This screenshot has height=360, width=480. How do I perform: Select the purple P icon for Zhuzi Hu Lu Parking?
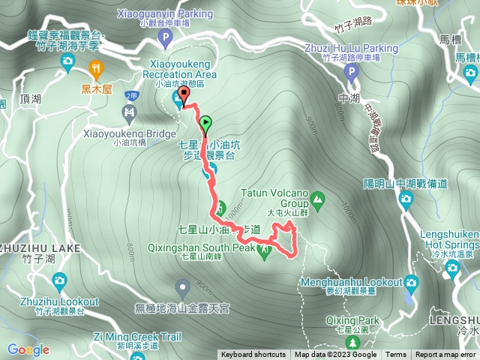point(350,72)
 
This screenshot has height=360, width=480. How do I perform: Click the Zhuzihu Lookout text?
point(61,301)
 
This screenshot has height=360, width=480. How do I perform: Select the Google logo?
point(28,349)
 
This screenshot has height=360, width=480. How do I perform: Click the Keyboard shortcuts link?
point(253,355)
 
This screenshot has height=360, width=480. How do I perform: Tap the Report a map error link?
point(445,355)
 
